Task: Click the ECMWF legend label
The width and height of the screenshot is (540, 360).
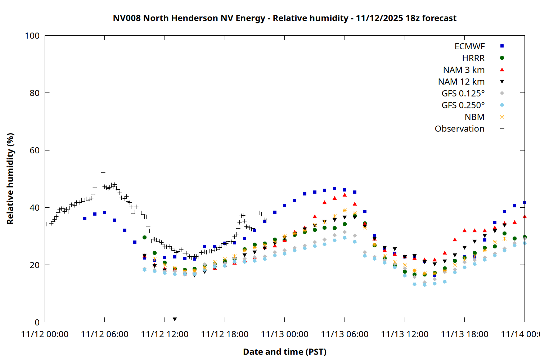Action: [469, 46]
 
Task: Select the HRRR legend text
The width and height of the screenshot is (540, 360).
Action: [473, 58]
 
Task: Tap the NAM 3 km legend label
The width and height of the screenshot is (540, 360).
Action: [464, 70]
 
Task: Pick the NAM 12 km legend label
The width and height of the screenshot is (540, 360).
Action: [461, 82]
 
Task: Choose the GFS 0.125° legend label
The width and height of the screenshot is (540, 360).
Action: [463, 94]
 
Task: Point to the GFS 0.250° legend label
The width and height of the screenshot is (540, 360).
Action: [463, 105]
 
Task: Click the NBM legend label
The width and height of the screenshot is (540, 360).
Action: [474, 117]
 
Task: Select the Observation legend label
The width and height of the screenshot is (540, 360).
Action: [459, 129]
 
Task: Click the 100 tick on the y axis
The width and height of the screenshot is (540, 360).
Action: [32, 36]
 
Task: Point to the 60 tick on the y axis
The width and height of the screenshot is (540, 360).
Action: [35, 150]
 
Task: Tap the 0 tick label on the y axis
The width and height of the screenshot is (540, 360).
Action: [37, 323]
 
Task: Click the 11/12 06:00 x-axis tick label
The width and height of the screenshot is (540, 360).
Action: [105, 334]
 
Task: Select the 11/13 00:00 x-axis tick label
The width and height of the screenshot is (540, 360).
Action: [284, 334]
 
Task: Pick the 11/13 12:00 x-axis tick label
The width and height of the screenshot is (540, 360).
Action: [405, 334]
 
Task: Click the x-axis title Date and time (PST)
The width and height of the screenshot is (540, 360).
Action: [284, 352]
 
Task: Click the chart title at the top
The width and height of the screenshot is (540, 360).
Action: [284, 18]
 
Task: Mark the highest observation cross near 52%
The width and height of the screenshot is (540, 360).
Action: [103, 173]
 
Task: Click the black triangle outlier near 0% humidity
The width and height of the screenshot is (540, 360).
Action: [175, 319]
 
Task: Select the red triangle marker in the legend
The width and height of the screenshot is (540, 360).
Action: [502, 69]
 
